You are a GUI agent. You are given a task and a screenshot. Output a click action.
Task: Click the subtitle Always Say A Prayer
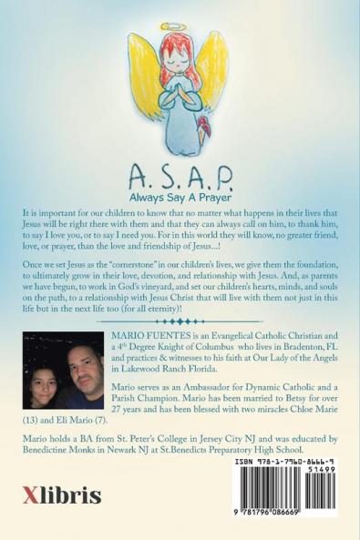(x=180, y=195)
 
